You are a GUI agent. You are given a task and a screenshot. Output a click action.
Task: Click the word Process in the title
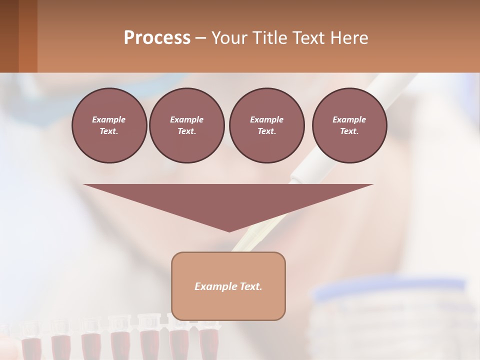(157, 38)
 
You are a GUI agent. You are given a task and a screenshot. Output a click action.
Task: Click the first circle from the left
(109, 125)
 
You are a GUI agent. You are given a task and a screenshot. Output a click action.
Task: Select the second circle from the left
(186, 125)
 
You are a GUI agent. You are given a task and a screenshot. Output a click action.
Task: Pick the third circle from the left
(266, 125)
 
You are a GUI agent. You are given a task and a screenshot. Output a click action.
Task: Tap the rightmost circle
(349, 125)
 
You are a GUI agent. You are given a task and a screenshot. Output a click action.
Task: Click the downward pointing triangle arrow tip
(229, 227)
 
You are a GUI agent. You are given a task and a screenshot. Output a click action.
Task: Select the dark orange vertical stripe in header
(27, 36)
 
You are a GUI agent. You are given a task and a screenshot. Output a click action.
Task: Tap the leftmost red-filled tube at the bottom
(31, 345)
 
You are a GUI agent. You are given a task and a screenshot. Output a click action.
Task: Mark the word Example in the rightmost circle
(349, 119)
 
